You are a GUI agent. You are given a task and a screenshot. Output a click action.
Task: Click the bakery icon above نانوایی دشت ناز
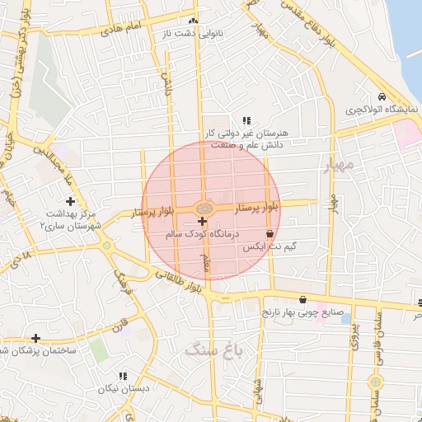point(194,21)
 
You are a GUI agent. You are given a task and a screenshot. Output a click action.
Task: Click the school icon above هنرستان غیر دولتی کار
point(246,120)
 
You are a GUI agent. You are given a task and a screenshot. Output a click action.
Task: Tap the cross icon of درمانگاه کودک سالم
point(203,221)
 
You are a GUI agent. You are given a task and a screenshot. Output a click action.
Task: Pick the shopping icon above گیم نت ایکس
point(270,234)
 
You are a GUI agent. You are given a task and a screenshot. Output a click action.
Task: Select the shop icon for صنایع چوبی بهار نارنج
point(303,300)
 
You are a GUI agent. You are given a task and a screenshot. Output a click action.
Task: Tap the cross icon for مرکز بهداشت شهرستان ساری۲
point(70,201)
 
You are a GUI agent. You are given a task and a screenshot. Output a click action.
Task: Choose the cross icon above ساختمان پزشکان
point(35,338)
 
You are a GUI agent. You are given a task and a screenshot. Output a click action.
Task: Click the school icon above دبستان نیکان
point(123,376)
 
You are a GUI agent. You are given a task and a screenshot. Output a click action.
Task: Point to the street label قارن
point(121,319)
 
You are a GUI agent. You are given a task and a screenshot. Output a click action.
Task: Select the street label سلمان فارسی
point(377,330)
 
